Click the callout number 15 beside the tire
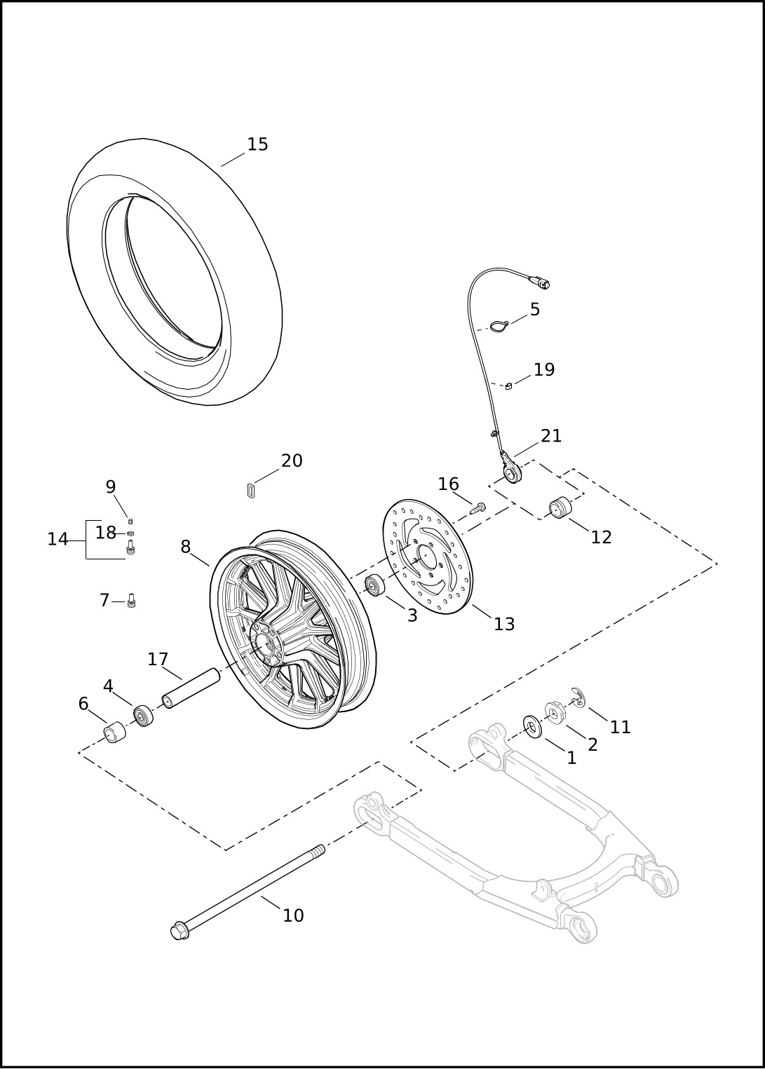(x=258, y=144)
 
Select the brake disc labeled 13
(x=428, y=557)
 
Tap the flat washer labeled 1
(x=532, y=728)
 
